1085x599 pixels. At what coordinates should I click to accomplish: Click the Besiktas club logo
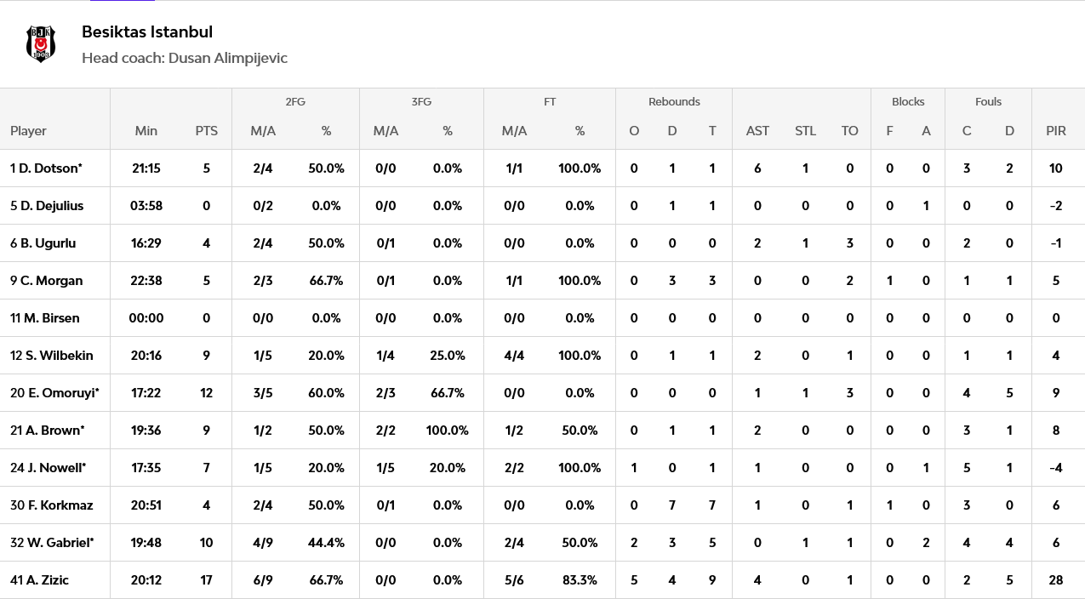click(41, 44)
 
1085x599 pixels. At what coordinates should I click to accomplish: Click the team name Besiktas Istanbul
click(147, 32)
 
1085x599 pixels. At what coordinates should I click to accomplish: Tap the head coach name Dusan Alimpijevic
click(228, 58)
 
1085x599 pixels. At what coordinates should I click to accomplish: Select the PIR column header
click(1056, 131)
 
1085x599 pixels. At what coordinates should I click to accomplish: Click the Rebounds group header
click(674, 102)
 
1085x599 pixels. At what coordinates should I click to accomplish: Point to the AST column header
click(757, 131)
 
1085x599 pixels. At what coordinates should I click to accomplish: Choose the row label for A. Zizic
click(40, 580)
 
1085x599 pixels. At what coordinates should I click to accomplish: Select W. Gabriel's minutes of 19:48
click(146, 542)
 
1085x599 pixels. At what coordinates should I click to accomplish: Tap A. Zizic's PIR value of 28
click(1056, 580)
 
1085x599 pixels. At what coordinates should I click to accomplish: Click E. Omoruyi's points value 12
click(206, 393)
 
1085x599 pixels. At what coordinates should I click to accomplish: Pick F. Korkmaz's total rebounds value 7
click(712, 505)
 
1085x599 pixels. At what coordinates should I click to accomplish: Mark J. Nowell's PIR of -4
click(1056, 468)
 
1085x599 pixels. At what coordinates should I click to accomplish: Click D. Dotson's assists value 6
click(757, 168)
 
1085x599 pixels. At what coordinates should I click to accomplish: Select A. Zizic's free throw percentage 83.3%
click(580, 580)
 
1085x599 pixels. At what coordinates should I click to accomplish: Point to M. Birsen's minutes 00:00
click(146, 318)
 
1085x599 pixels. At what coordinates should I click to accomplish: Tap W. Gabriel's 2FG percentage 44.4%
click(326, 542)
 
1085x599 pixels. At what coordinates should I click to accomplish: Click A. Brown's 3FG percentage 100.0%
click(447, 431)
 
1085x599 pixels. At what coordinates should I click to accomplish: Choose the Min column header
click(146, 131)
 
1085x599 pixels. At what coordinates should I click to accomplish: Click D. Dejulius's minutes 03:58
click(146, 206)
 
